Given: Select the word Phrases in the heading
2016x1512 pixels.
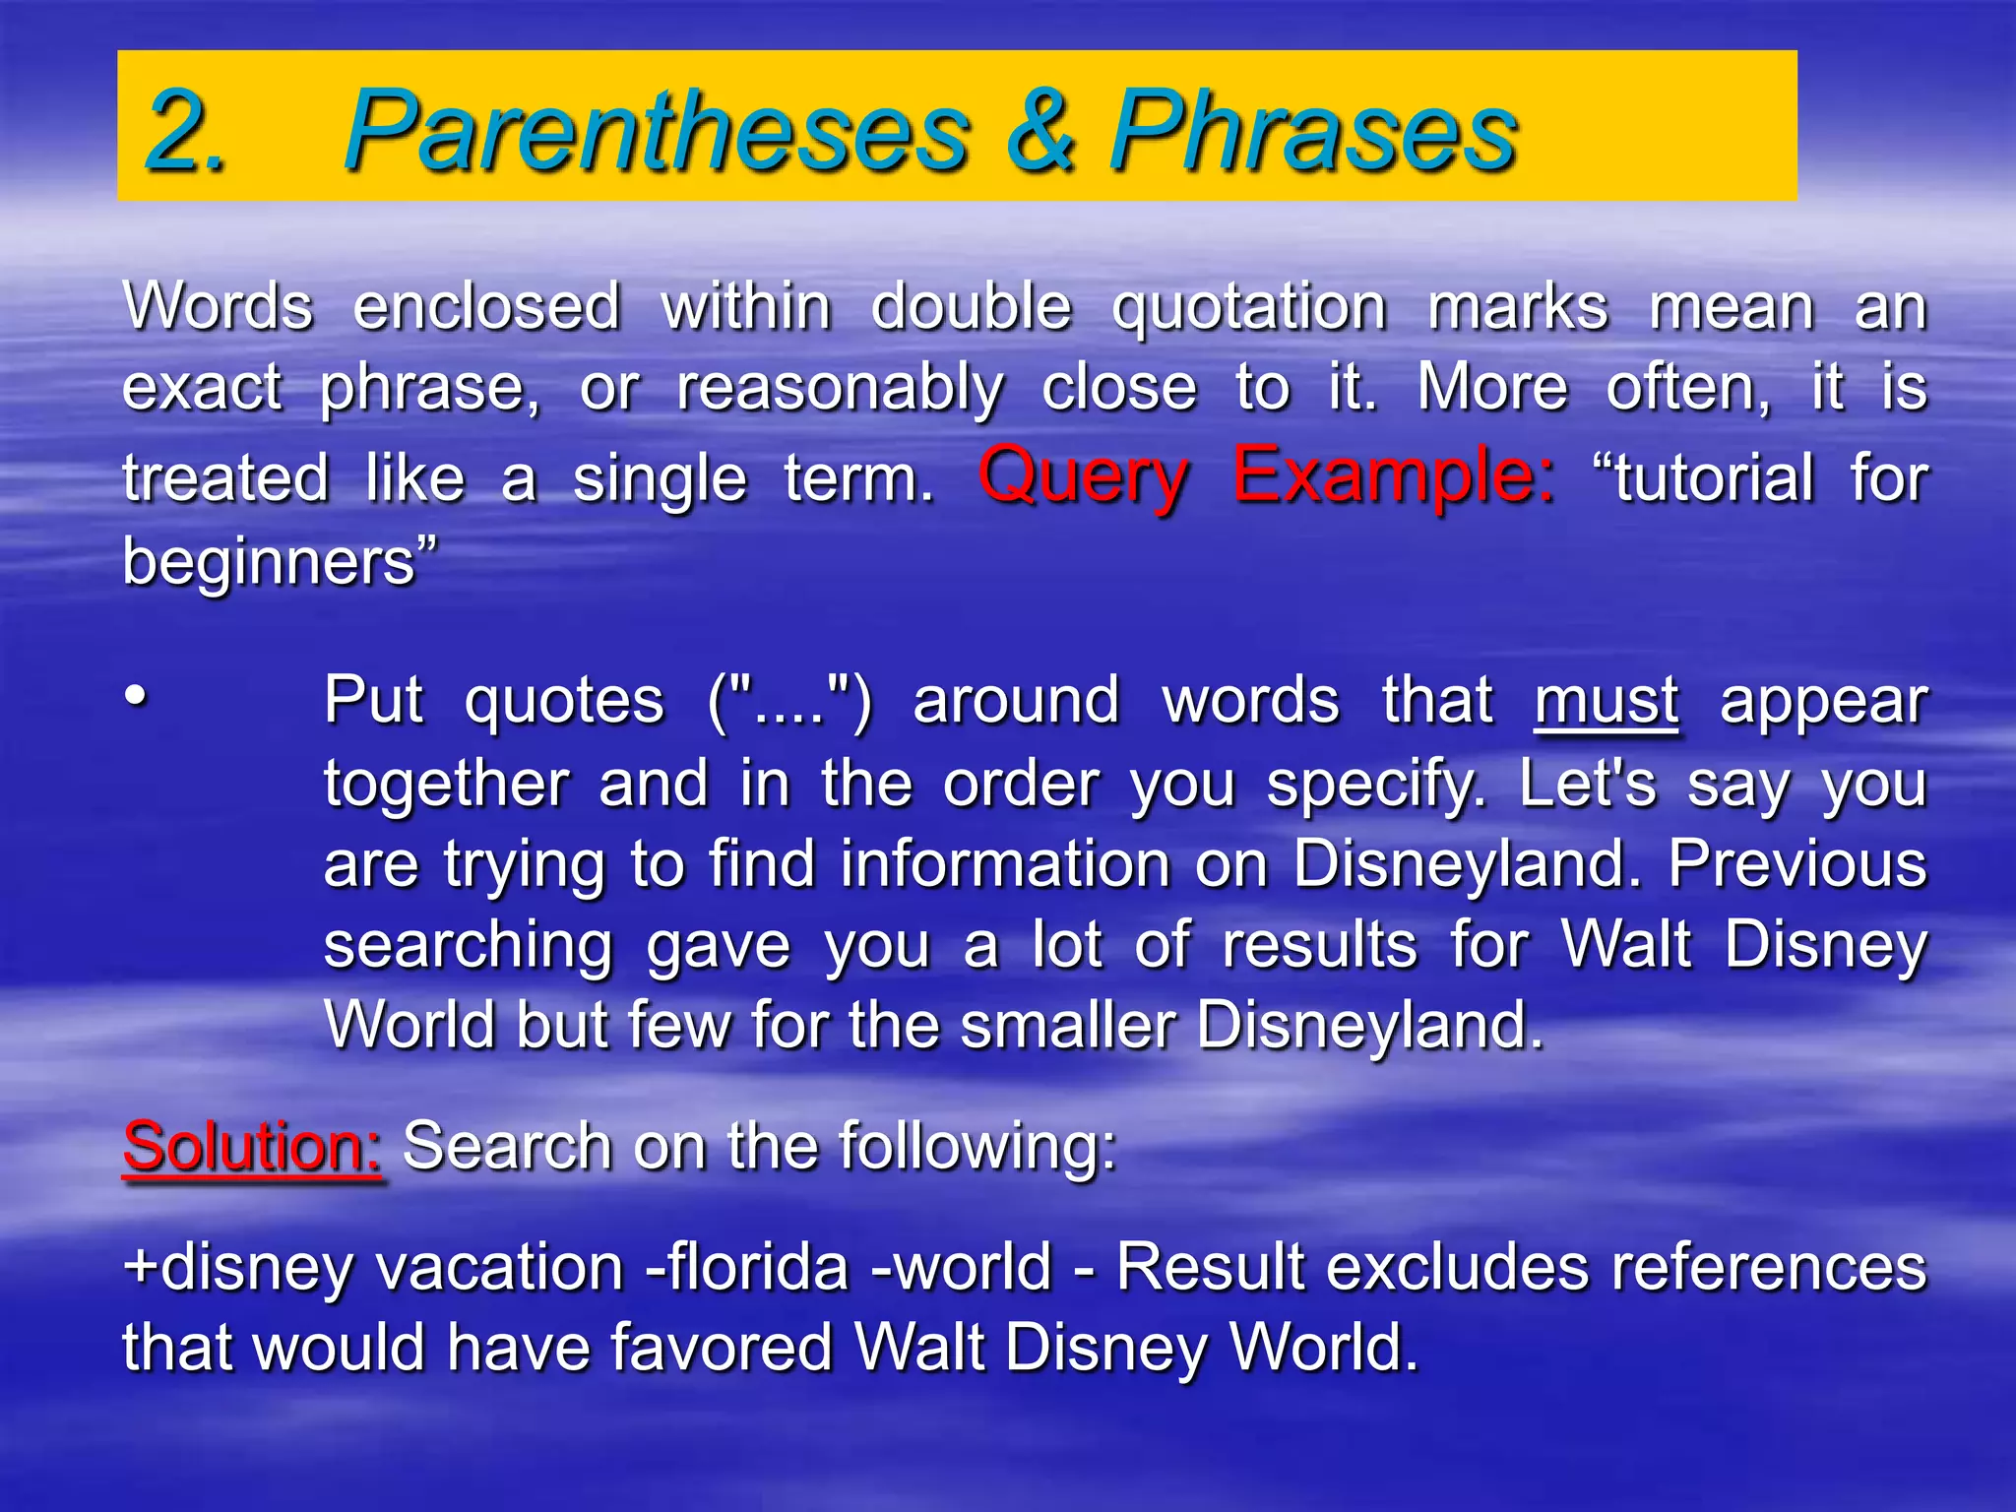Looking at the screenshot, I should click(1314, 131).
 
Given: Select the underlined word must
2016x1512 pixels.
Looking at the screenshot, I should click(1606, 702).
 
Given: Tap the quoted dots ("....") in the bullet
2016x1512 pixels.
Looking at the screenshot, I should click(789, 702).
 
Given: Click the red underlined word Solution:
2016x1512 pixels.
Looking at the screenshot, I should click(252, 1148).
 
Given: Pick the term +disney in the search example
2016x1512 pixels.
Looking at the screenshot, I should click(237, 1267).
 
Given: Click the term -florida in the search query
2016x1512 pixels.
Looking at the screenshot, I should click(745, 1267).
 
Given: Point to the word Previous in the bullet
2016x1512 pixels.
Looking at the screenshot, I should click(1796, 864).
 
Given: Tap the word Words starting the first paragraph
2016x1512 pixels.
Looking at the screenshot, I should click(219, 306).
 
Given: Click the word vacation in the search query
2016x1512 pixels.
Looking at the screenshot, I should click(501, 1267).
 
